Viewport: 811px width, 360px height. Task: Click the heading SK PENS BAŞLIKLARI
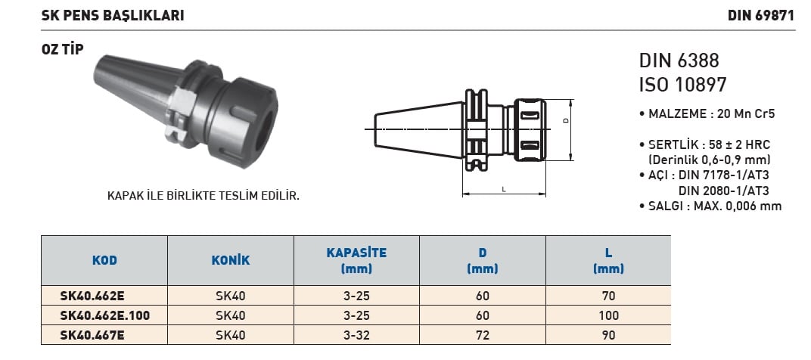(x=113, y=16)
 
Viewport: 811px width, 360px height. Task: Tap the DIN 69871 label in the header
(x=761, y=16)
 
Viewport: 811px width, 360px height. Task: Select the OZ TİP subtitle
(x=62, y=50)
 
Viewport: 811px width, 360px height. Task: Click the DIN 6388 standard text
(x=679, y=61)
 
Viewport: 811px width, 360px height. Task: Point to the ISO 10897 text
(x=682, y=85)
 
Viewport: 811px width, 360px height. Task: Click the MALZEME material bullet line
(x=707, y=114)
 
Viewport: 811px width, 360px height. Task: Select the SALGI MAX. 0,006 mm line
(x=710, y=206)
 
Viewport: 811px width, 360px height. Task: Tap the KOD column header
(x=104, y=260)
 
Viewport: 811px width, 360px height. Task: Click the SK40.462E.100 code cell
(x=105, y=315)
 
